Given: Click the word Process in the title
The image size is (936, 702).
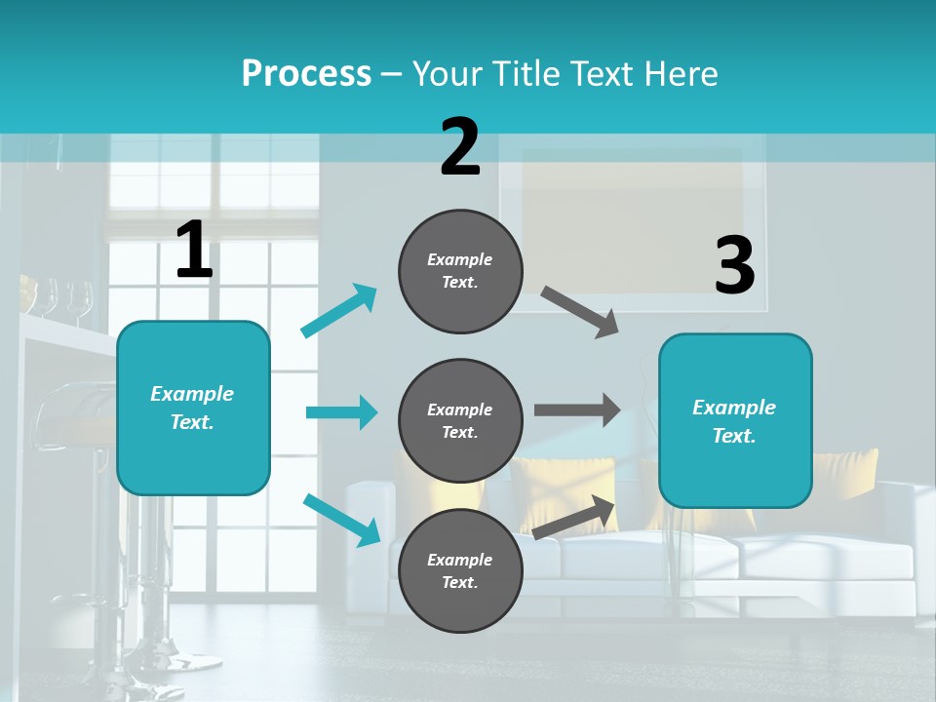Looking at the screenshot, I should coord(306,74).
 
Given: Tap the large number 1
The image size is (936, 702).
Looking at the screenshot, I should coord(193,251).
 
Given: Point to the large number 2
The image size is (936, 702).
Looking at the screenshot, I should coord(460,147).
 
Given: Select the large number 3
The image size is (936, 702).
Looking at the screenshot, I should coord(734,266).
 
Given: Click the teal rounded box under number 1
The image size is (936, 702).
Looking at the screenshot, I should coord(193,408).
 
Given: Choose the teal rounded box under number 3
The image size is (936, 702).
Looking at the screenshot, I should coord(735,420).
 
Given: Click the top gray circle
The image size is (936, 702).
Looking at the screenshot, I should coord(460,271).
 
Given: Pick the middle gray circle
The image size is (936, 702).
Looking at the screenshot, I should coord(460,420).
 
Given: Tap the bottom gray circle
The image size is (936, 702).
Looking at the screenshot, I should coord(460,570).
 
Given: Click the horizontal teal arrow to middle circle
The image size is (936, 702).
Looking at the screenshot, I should coord(341,412).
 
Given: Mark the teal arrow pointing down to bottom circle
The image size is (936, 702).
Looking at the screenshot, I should coord(342,520).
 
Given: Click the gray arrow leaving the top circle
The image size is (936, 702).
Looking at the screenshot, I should coord(580,311).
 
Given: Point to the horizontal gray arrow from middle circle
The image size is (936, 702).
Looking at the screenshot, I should coord(577,410).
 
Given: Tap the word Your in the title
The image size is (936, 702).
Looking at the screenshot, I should coord(447,74).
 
